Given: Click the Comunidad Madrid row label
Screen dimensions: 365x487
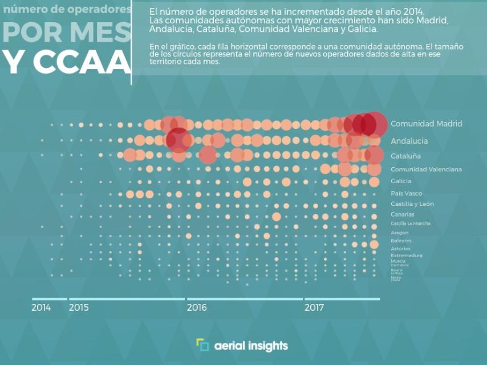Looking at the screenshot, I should point(426,124).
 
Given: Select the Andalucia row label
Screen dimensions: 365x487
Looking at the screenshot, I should point(409,141).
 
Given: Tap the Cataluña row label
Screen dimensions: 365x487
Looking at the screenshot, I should point(406,156).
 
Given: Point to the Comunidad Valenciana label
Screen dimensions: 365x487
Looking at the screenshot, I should point(426,169).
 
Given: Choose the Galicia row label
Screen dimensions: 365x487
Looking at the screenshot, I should point(401,181).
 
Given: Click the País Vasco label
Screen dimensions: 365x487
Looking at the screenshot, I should point(406,193).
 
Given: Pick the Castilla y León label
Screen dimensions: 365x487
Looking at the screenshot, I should point(412,204).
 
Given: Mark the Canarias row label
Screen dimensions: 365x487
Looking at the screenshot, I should point(403,214).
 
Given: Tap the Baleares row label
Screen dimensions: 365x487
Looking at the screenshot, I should point(401,241).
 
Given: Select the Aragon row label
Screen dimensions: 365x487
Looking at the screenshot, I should point(399,233).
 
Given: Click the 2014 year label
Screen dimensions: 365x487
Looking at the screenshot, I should point(41,308).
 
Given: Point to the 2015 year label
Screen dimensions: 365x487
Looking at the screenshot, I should point(79,308).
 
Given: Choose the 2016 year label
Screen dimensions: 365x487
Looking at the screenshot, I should point(197,308).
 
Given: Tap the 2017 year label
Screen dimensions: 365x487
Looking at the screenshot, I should point(314,308).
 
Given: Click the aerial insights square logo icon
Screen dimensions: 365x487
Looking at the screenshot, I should point(202,345).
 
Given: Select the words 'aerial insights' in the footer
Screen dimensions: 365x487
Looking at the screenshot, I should point(251,346).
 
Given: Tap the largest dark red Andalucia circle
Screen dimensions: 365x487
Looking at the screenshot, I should point(178,140).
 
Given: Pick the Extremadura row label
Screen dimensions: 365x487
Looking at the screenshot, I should point(407,255).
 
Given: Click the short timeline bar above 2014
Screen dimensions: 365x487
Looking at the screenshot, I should point(49,299).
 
